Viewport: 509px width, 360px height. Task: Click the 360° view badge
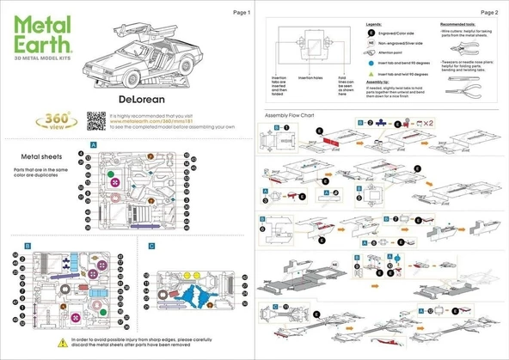pos(58,122)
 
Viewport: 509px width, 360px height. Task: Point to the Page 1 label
pos(242,13)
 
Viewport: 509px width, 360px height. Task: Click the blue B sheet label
pos(28,246)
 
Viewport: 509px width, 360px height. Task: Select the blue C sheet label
pos(151,246)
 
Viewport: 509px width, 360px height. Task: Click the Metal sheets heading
pos(40,157)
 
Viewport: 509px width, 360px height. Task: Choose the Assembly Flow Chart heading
pos(294,114)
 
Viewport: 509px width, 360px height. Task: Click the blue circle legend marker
pos(370,63)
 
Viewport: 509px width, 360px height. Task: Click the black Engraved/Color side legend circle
pos(370,30)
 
